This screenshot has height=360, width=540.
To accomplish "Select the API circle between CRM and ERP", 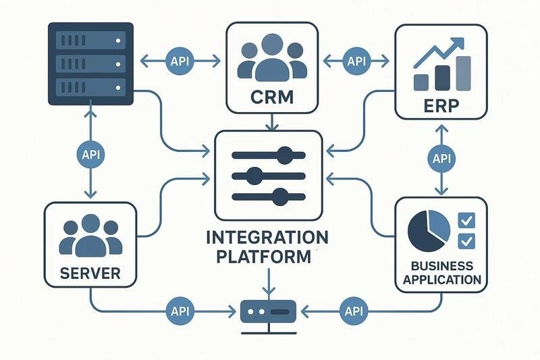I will [356, 61].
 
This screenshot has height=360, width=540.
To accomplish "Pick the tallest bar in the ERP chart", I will [464, 73].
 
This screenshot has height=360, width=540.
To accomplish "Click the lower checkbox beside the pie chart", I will [466, 241].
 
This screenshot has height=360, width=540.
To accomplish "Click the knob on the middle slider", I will [253, 177].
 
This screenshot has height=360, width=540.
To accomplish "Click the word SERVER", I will [90, 274].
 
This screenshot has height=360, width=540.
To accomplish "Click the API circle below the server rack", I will [90, 154].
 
